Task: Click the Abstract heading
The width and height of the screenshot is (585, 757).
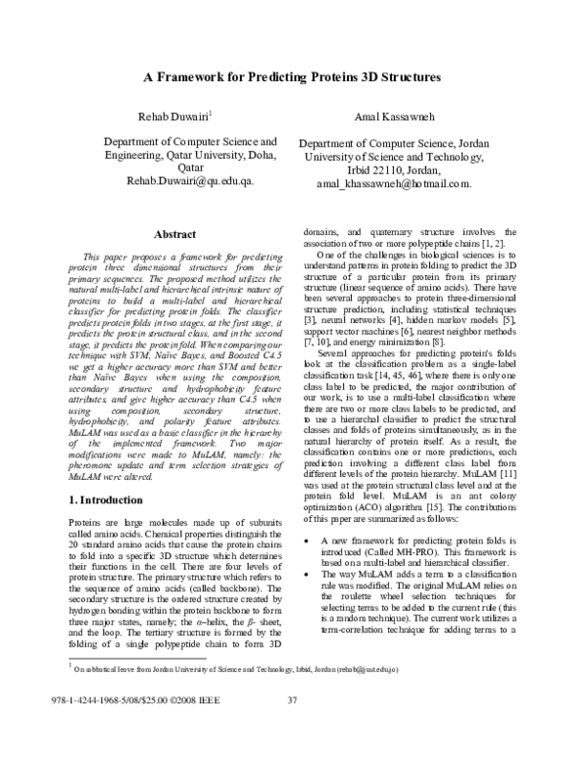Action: [176, 234]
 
